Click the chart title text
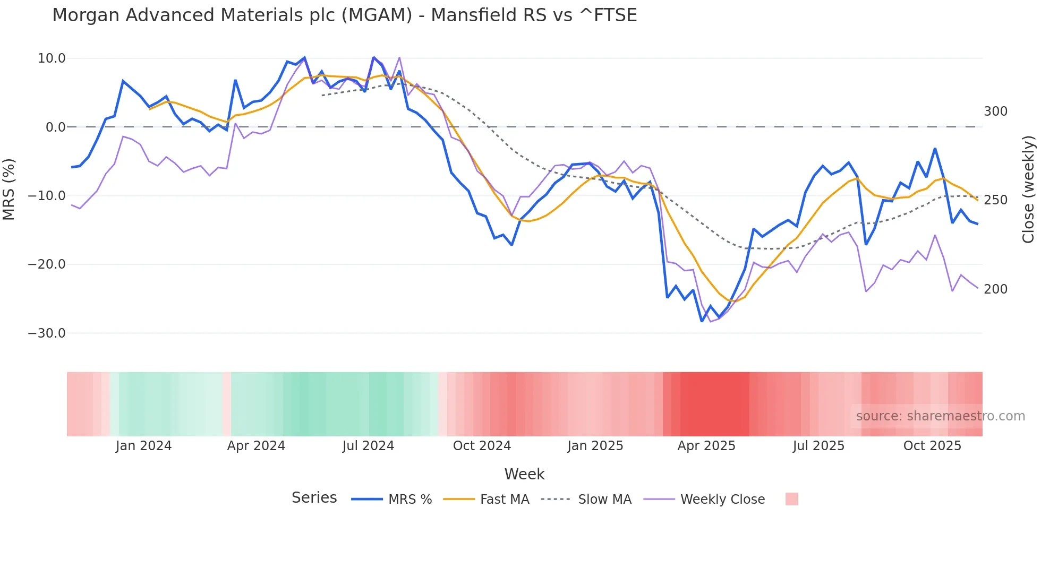tap(344, 15)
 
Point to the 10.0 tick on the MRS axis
tap(52, 58)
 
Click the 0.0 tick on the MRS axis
tap(55, 127)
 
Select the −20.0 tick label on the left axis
tap(47, 264)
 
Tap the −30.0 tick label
tap(47, 333)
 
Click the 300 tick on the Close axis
tap(995, 111)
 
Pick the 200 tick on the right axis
tap(995, 289)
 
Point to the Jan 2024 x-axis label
tap(143, 446)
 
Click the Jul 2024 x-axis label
tap(368, 446)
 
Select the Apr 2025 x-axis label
tap(706, 446)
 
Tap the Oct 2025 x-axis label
tap(932, 446)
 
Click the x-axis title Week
tap(524, 474)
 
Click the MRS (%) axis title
tap(9, 189)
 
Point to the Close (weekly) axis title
tap(1028, 190)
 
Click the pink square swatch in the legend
tap(791, 499)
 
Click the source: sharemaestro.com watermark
tap(940, 416)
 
